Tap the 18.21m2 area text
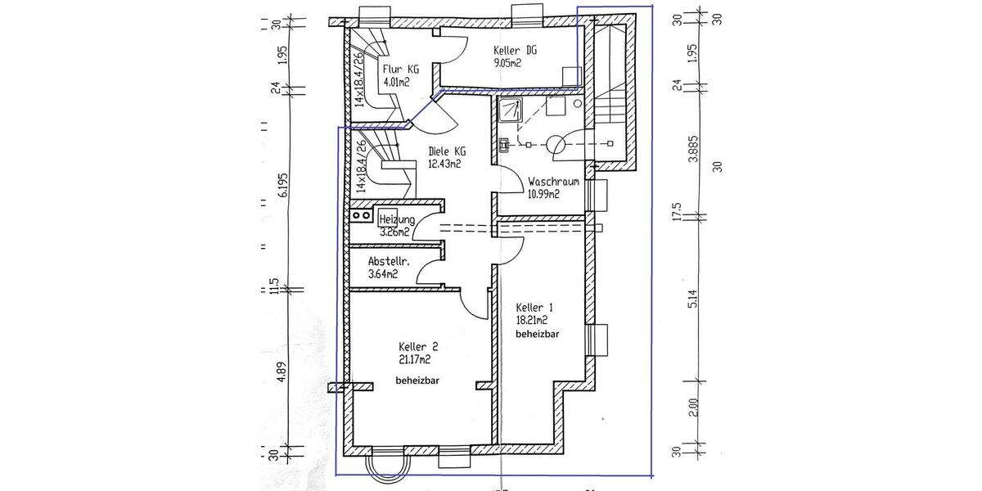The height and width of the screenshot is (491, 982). tap(532, 321)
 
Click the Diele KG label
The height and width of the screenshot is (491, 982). tap(448, 151)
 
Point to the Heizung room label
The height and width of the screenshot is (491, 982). tap(397, 220)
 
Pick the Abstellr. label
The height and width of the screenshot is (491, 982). tap(377, 263)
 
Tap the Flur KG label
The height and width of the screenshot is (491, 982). tap(401, 70)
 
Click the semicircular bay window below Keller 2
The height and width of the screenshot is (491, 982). tap(385, 466)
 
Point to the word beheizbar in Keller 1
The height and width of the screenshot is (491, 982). tap(536, 335)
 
